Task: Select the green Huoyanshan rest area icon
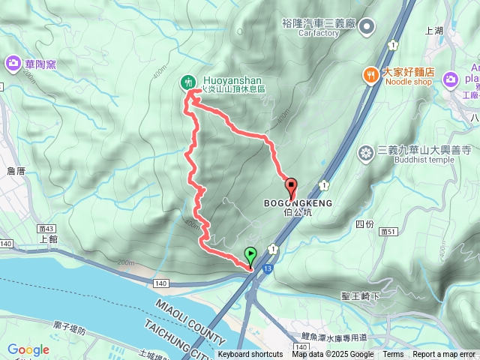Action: [x=188, y=82]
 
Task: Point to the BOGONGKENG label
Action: [x=298, y=203]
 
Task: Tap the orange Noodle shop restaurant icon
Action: [x=370, y=74]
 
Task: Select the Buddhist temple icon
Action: [x=366, y=154]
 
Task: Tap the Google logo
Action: [x=28, y=349]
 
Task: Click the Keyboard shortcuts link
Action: [x=250, y=355]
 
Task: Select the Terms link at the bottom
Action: [x=393, y=355]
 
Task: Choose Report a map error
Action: [x=444, y=355]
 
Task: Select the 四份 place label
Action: [x=364, y=224]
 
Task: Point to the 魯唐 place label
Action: [x=16, y=171]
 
